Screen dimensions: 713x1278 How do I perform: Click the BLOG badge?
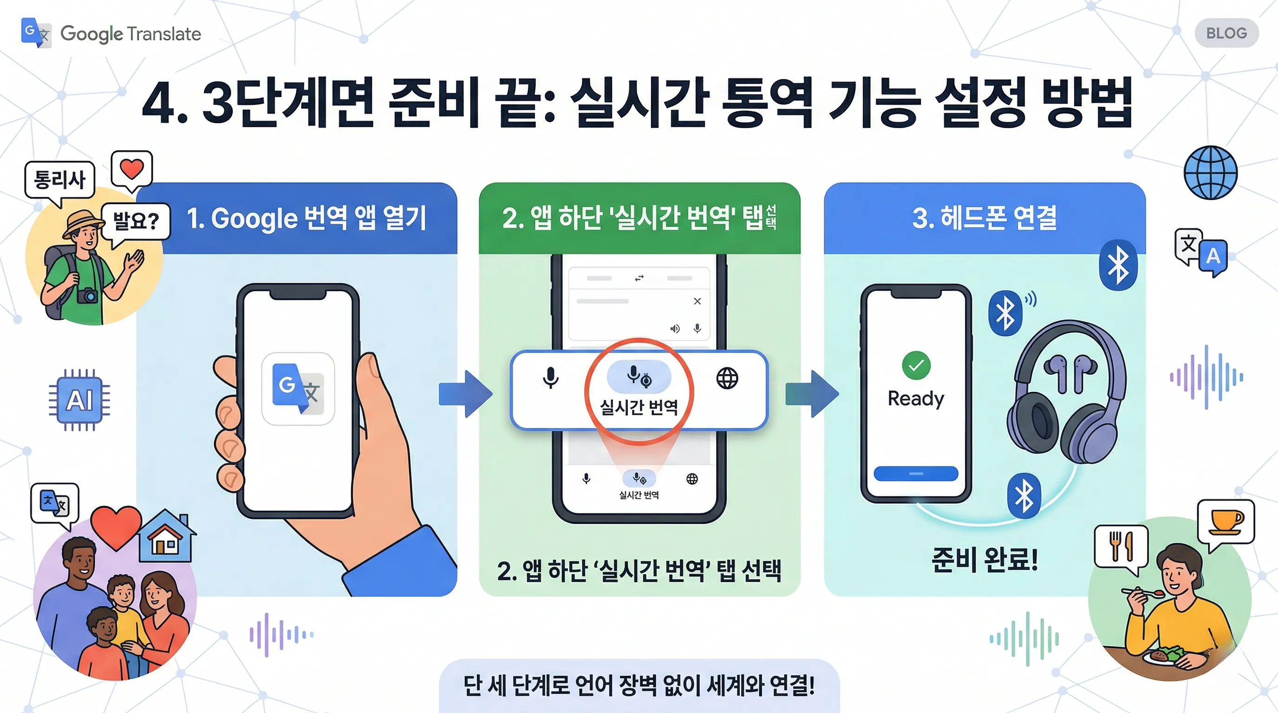click(x=1226, y=33)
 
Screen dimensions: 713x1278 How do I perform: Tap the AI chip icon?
click(x=79, y=400)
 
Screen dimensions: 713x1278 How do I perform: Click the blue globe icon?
click(x=1211, y=173)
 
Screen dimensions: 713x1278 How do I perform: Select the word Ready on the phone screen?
click(x=915, y=398)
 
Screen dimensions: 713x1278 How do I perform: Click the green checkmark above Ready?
click(x=916, y=365)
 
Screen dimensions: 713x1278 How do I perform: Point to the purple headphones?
click(x=1067, y=392)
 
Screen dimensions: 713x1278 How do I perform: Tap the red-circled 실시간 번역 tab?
click(x=639, y=392)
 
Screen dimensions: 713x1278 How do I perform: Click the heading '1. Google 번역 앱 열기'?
click(x=306, y=218)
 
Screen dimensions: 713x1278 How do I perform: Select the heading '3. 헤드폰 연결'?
click(x=985, y=218)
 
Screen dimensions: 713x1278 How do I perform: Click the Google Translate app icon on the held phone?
click(x=298, y=389)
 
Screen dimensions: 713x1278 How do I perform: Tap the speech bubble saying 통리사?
click(x=59, y=180)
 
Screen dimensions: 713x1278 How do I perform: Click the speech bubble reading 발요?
click(x=136, y=221)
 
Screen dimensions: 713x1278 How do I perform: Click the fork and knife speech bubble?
click(x=1121, y=546)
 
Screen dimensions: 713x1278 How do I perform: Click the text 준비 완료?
click(x=985, y=560)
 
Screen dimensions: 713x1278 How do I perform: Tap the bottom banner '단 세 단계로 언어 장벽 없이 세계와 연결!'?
click(x=639, y=686)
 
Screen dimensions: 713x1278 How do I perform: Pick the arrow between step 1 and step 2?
click(x=465, y=394)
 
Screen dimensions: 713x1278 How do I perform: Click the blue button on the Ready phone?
click(x=915, y=473)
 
